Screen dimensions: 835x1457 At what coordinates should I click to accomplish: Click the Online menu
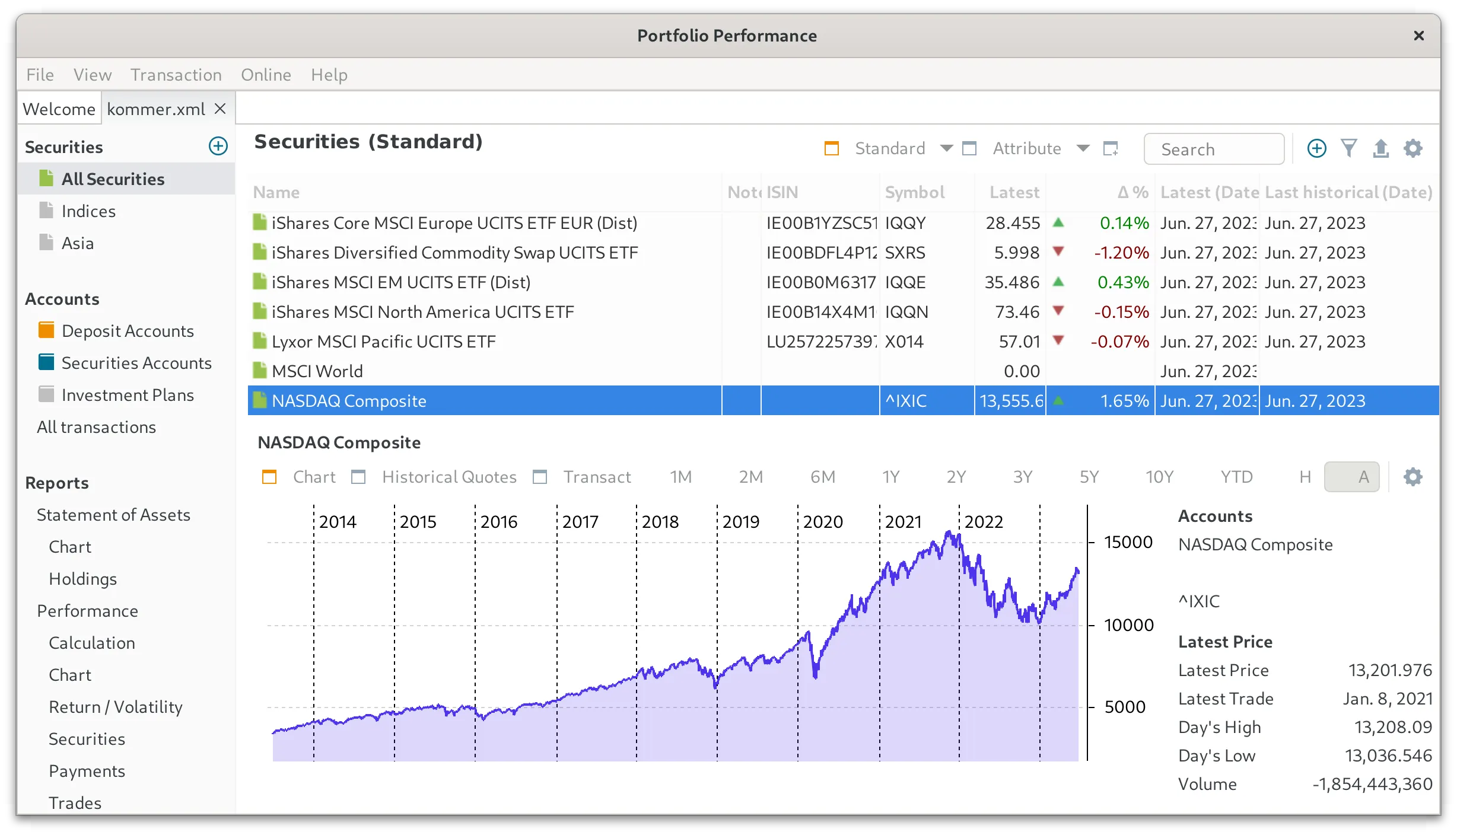(266, 75)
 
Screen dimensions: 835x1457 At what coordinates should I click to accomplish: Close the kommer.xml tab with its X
(220, 109)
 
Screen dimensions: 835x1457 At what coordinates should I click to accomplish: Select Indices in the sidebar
(88, 211)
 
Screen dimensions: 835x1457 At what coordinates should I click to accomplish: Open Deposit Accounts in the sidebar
(128, 331)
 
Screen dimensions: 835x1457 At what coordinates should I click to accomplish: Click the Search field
(1214, 149)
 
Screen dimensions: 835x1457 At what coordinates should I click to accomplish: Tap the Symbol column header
(914, 192)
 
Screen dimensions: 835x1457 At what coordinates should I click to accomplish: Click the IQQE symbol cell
(905, 282)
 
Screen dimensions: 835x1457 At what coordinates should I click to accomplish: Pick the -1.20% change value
(1121, 253)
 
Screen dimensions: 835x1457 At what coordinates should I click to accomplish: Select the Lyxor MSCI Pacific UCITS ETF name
(383, 342)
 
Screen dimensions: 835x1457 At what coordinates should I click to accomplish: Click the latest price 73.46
(1017, 312)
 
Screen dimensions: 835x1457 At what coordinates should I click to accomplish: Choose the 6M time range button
(822, 477)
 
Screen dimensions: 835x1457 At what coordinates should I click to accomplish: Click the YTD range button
(1236, 477)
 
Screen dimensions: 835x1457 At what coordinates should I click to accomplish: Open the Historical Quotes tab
(448, 477)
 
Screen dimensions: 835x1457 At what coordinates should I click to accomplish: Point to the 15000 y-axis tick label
(1128, 542)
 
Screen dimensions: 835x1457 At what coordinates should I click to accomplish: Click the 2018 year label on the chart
(660, 522)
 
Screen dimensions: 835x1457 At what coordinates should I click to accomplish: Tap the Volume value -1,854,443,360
(1372, 784)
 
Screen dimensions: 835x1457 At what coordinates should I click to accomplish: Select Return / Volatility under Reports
(116, 707)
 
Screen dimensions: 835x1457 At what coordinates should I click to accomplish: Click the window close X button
(1418, 36)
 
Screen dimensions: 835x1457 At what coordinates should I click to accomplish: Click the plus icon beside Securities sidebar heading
(218, 146)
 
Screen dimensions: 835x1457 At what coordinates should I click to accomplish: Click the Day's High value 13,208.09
(1393, 727)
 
